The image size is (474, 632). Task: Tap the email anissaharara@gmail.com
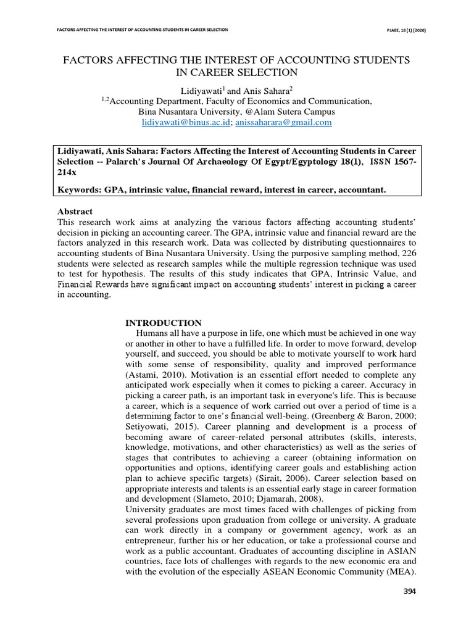coord(284,123)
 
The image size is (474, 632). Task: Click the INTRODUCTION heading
coord(164,323)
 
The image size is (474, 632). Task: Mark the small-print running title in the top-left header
coord(143,29)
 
